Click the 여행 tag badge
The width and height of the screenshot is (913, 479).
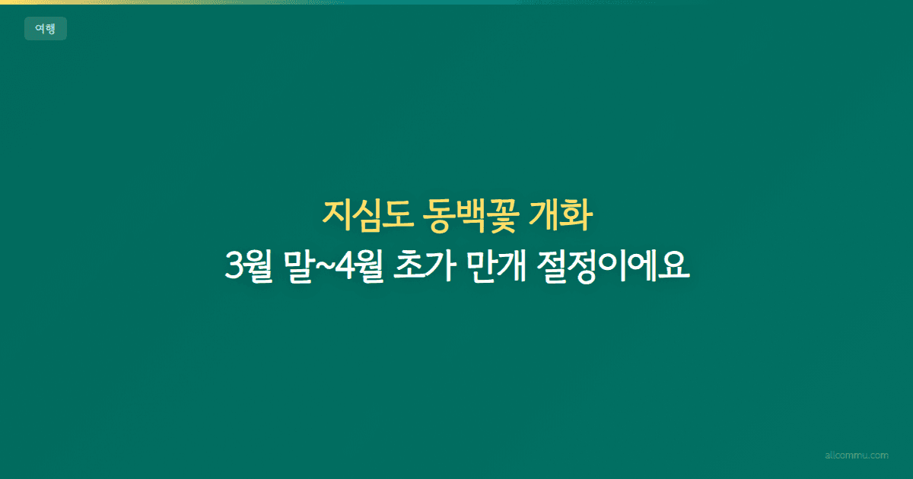pyautogui.click(x=45, y=29)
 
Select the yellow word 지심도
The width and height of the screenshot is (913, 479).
pyautogui.click(x=364, y=219)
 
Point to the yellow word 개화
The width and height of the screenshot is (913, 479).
pyautogui.click(x=564, y=219)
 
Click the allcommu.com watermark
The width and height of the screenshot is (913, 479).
pyautogui.click(x=856, y=455)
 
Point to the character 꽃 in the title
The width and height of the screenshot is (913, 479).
pyautogui.click(x=504, y=219)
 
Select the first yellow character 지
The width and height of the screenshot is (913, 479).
pyautogui.click(x=336, y=219)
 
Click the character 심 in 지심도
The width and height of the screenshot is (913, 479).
pyautogui.click(x=364, y=219)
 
